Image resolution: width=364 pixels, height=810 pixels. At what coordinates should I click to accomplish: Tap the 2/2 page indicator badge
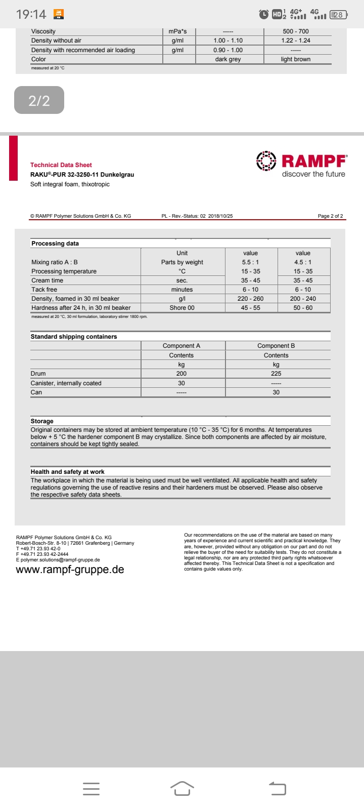(x=39, y=100)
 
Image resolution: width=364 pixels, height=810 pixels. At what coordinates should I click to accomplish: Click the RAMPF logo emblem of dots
(x=266, y=161)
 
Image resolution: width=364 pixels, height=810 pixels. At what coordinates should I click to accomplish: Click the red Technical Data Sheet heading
(x=61, y=165)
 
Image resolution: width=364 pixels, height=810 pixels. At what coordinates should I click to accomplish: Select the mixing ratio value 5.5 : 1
(x=250, y=262)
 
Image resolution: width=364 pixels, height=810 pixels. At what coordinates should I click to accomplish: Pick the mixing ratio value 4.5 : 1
(x=303, y=262)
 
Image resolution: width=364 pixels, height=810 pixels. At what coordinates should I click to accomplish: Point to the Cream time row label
(x=48, y=280)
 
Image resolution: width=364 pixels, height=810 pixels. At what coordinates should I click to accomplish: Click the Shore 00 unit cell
(x=182, y=308)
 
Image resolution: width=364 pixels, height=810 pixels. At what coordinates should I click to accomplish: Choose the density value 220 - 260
(x=250, y=299)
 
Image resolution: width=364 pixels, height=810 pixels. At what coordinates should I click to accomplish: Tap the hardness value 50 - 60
(x=303, y=308)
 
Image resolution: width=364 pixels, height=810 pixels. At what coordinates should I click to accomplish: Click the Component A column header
(x=181, y=346)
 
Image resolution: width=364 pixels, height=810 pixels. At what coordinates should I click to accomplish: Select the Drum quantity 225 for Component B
(x=276, y=374)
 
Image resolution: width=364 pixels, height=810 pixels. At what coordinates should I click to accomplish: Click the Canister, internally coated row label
(x=66, y=383)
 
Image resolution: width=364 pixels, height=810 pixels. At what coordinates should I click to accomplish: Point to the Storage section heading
(x=42, y=421)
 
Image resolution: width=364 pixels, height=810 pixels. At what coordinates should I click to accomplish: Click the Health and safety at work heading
(x=68, y=472)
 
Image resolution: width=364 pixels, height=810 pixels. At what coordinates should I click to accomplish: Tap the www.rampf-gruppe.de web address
(x=70, y=570)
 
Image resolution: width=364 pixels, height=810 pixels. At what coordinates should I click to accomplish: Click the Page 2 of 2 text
(x=330, y=216)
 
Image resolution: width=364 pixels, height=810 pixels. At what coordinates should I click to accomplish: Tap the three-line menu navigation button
(x=91, y=789)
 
